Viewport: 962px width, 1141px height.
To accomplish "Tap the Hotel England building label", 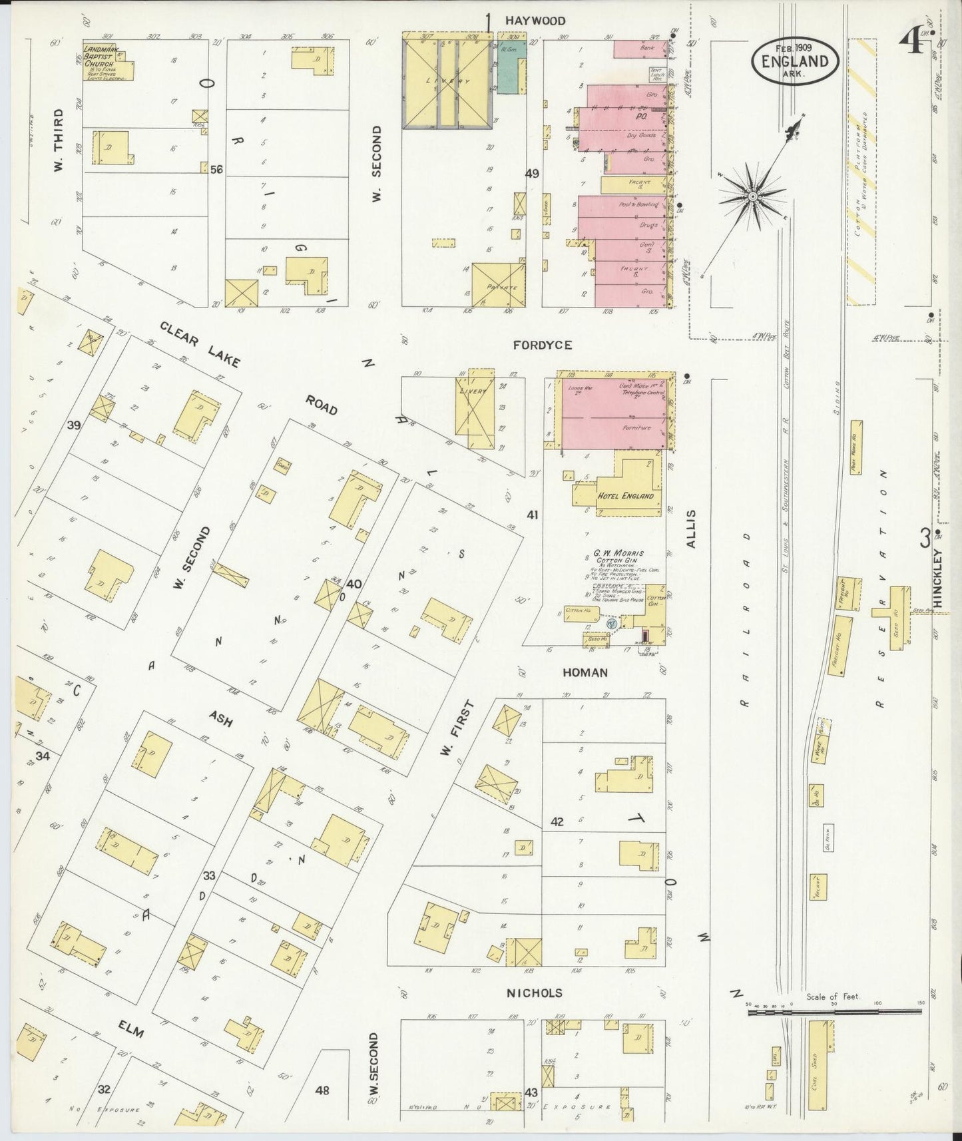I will click(625, 495).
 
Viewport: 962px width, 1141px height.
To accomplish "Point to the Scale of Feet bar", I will click(835, 1011).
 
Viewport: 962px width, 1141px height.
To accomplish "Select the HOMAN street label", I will click(585, 672).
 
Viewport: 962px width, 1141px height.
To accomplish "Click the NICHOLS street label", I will click(535, 993).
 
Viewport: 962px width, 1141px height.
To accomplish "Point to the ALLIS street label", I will click(691, 529).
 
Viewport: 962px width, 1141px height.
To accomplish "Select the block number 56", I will click(216, 170).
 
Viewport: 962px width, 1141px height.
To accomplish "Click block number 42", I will click(557, 821).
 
